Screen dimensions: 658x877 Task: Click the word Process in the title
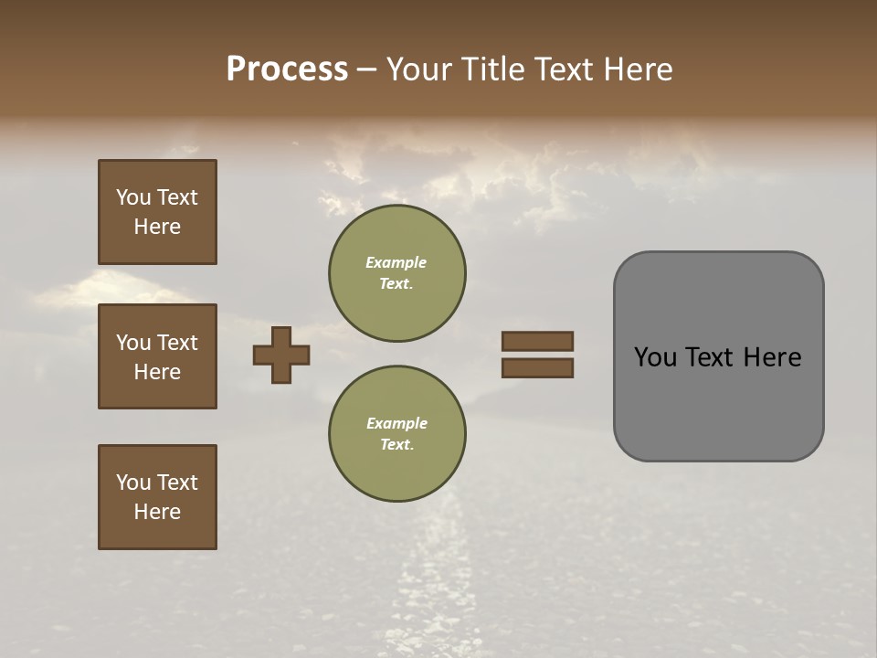point(287,69)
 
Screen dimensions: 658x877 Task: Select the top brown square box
point(157,212)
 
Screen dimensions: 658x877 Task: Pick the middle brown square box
point(157,356)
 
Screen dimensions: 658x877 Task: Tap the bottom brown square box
point(157,497)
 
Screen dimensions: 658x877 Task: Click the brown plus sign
point(281,355)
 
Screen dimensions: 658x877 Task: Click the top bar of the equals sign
point(538,341)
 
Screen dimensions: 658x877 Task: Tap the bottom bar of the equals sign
point(538,368)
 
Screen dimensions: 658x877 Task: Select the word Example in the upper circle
point(396,262)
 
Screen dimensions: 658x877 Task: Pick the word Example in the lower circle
point(396,423)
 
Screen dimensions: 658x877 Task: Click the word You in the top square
point(132,197)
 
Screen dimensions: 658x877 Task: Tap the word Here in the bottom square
point(157,512)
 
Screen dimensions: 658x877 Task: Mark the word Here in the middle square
point(157,372)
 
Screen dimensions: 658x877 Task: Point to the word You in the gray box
point(655,357)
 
